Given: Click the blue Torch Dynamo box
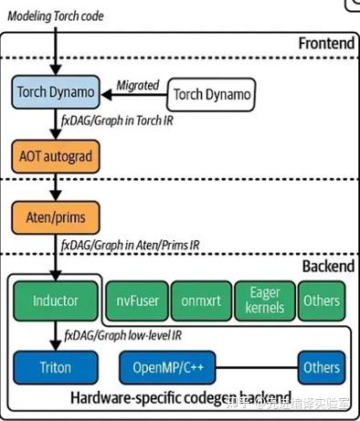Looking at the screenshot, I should [55, 92].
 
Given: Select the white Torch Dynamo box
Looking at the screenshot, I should [212, 93].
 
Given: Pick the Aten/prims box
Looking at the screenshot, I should [55, 217].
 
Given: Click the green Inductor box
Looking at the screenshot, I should [55, 300].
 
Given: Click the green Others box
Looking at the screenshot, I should [322, 300].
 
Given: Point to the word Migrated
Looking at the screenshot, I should [137, 85].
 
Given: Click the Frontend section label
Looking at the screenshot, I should [325, 44].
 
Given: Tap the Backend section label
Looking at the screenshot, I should [327, 266].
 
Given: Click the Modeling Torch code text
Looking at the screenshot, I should [55, 15].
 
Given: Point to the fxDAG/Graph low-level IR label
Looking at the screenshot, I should [128, 334].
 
